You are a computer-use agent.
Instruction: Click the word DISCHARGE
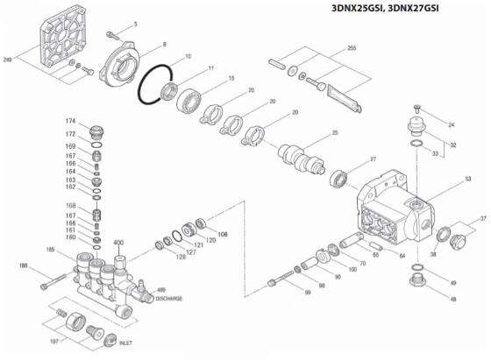pyautogui.click(x=168, y=299)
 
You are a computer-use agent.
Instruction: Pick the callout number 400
pyautogui.click(x=119, y=241)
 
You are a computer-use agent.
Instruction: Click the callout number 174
pyautogui.click(x=71, y=119)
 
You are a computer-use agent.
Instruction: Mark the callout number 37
pyautogui.click(x=483, y=218)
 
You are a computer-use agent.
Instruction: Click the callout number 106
pyautogui.click(x=223, y=234)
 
